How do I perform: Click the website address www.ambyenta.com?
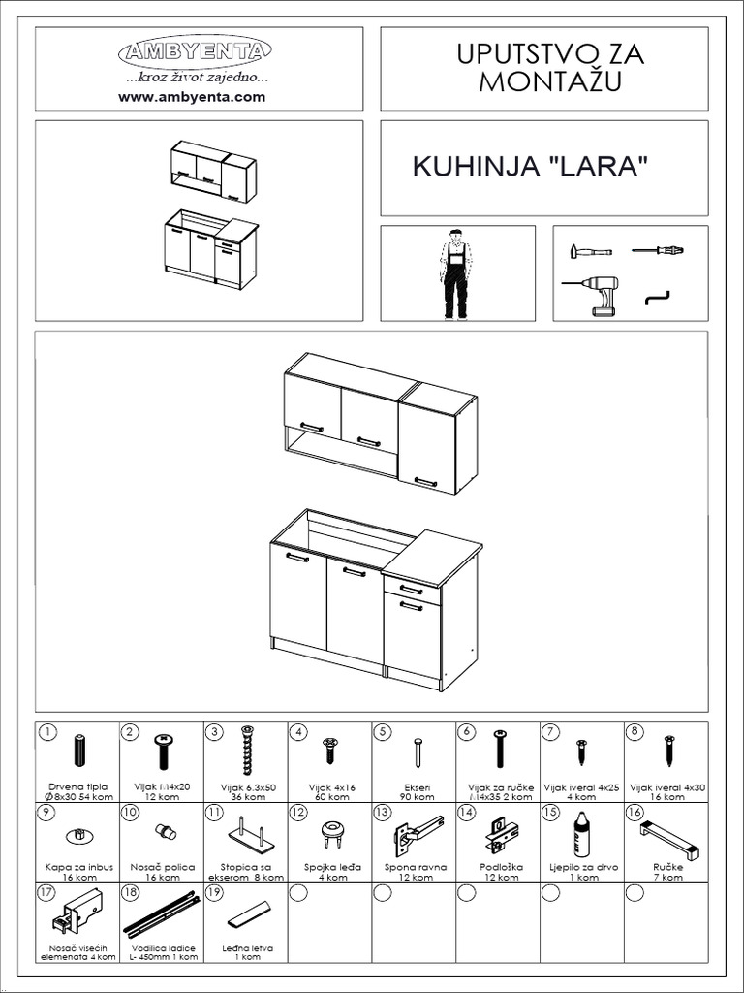point(192,97)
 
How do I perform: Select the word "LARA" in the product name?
point(598,167)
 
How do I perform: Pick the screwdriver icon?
point(658,251)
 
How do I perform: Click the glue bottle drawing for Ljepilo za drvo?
point(581,833)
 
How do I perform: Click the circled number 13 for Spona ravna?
point(383,813)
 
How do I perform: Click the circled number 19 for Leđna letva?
point(214,894)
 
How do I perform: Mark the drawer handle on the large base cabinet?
point(411,590)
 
